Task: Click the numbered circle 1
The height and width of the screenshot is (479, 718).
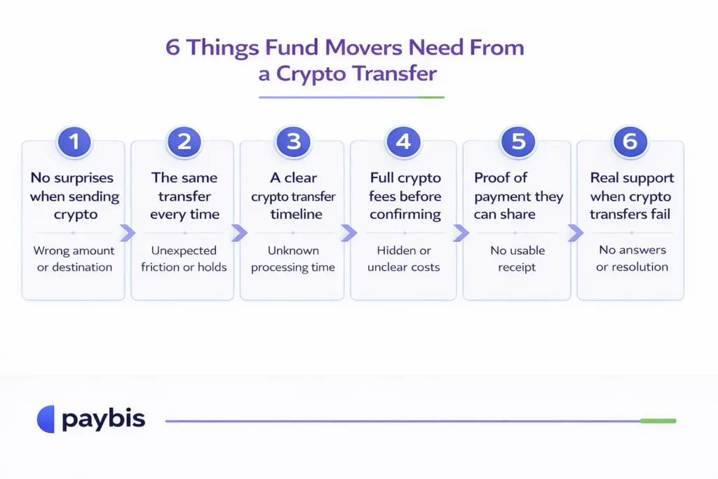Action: (74, 142)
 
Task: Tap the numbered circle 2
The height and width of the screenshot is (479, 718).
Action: (184, 142)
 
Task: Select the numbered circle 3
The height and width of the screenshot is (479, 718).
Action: (293, 142)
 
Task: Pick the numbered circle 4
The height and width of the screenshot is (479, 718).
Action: (403, 142)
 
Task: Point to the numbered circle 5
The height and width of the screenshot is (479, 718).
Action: (518, 142)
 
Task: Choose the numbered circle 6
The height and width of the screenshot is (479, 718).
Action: (630, 142)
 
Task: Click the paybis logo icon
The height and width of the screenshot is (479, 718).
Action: (46, 419)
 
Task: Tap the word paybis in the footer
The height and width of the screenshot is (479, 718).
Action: (103, 420)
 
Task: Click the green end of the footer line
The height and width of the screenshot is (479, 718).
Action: (658, 421)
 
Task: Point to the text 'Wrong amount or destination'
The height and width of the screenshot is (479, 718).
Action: (74, 259)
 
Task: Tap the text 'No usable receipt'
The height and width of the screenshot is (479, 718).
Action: (518, 259)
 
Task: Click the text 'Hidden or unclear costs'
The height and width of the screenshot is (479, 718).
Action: (403, 259)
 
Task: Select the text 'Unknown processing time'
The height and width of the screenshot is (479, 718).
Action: (293, 259)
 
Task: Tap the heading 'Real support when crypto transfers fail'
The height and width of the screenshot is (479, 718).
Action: (630, 196)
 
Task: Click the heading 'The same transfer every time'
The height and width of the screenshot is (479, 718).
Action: (184, 196)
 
